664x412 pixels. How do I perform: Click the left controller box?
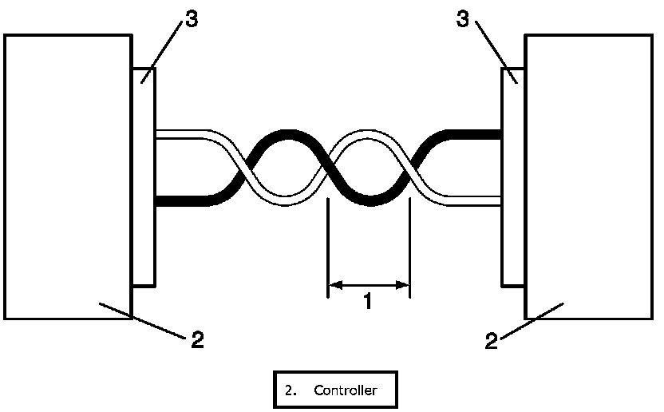tap(67, 176)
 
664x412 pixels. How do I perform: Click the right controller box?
tap(590, 176)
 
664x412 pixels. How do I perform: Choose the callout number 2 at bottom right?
tap(492, 341)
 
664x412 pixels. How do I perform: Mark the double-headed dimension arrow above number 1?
tap(369, 283)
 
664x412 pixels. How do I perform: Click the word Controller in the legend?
tap(345, 390)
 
